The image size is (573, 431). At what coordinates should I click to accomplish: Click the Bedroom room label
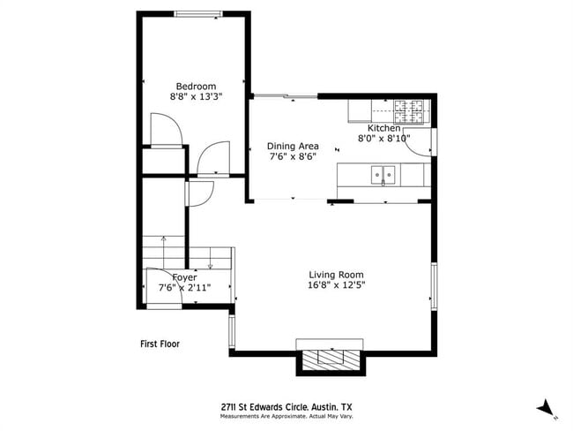196,86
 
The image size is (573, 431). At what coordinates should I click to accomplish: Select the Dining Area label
293,147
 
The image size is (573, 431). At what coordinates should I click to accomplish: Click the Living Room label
336,275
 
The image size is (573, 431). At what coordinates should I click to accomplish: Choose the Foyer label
184,277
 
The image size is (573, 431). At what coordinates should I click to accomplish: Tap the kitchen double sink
383,174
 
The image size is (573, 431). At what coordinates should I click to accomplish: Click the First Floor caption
160,344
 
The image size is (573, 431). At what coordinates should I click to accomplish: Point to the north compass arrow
546,408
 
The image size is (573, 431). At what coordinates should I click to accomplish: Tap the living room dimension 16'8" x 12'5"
336,285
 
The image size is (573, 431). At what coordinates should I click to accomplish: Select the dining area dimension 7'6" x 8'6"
293,157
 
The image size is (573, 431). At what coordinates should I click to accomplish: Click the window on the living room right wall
434,284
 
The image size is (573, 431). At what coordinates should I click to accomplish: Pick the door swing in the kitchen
421,145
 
